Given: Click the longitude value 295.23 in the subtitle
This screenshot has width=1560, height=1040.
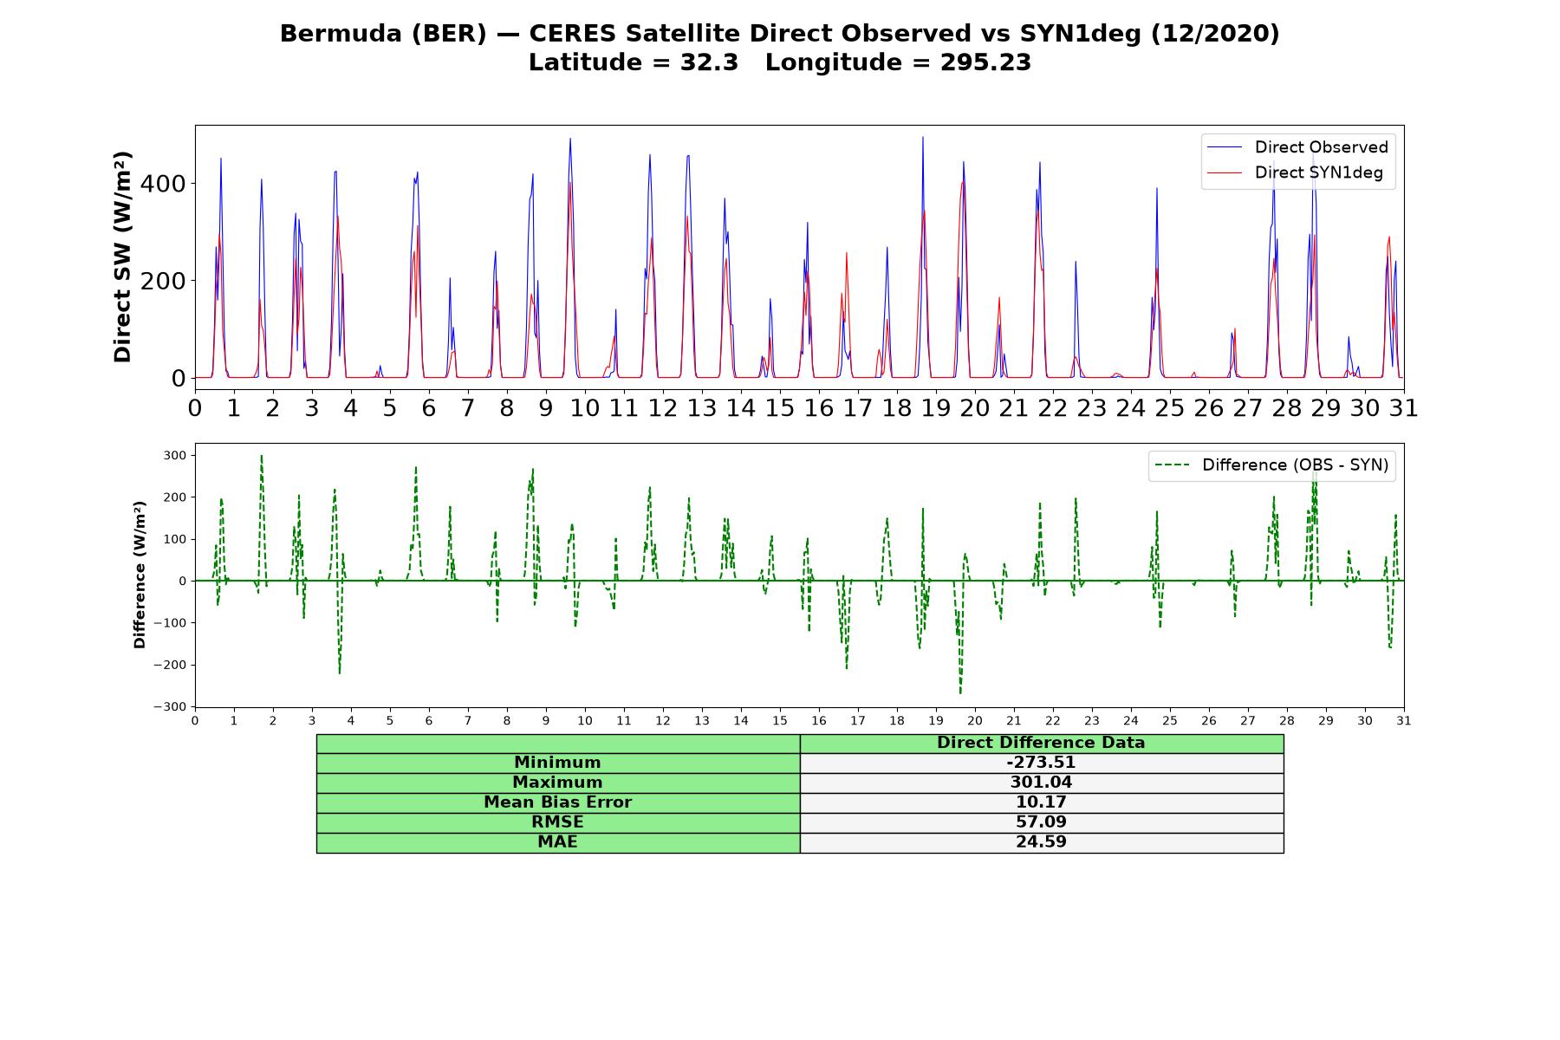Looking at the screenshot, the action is [985, 63].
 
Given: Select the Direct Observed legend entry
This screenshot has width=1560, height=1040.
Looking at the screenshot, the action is [1297, 147].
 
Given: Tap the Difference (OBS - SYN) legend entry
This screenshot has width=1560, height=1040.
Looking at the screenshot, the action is [1271, 465].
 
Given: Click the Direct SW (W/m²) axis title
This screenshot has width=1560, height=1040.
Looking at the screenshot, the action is [123, 257].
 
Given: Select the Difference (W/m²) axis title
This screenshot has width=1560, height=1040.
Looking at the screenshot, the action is [140, 575].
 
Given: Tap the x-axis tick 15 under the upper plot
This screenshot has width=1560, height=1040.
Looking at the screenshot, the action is [780, 407].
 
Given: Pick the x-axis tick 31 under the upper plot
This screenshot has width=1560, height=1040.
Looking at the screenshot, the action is [1404, 407].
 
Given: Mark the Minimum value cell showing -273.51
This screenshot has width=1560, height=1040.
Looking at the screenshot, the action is [1041, 763].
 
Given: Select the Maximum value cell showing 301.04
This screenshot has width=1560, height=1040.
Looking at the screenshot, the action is [1041, 783].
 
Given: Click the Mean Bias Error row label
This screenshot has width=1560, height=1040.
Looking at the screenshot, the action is [558, 803].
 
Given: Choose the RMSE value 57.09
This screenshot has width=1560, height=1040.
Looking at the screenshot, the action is [1041, 822].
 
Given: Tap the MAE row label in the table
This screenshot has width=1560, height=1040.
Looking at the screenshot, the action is [558, 842].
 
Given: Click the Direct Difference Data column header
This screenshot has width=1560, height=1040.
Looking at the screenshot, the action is [1041, 743].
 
